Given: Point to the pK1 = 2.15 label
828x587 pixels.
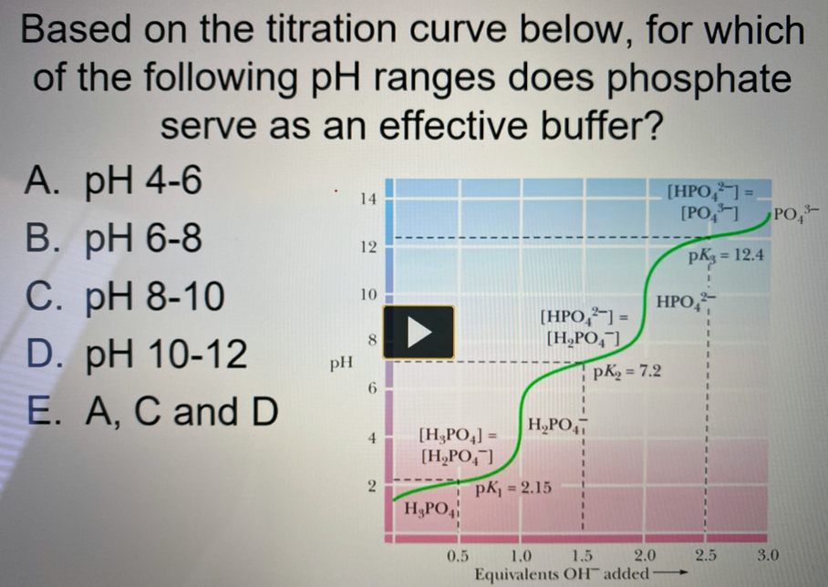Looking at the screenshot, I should pyautogui.click(x=513, y=489).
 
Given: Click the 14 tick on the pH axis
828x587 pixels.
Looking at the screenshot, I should pyautogui.click(x=365, y=198).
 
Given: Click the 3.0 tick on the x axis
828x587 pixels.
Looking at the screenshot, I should pyautogui.click(x=769, y=556).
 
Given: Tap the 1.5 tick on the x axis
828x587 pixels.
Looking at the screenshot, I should pyautogui.click(x=581, y=556).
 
